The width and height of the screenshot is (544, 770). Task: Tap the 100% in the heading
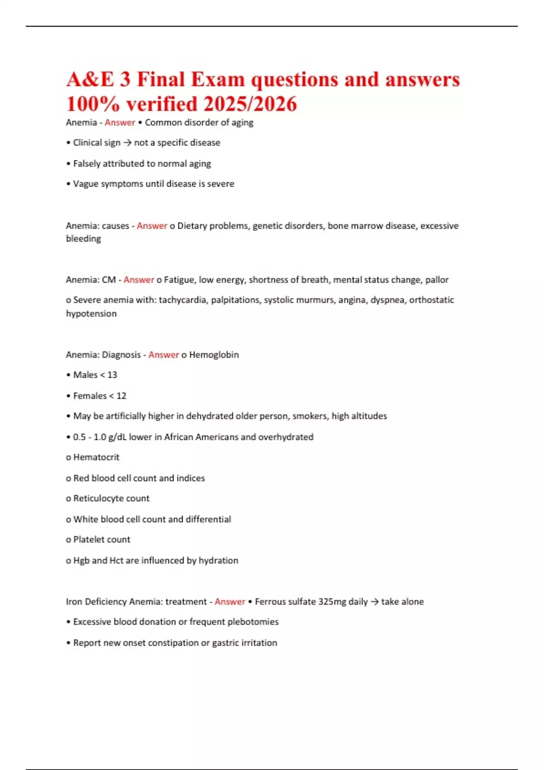click(93, 104)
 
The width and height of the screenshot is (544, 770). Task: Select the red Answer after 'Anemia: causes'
click(152, 226)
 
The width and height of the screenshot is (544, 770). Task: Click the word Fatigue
click(179, 280)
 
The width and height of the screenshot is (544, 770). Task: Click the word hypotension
click(91, 313)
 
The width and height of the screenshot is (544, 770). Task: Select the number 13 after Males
click(112, 375)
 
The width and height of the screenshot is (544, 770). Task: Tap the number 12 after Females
click(121, 396)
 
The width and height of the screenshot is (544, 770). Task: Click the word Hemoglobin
click(214, 355)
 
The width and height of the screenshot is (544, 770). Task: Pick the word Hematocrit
click(96, 457)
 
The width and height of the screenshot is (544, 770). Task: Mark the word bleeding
click(83, 239)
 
